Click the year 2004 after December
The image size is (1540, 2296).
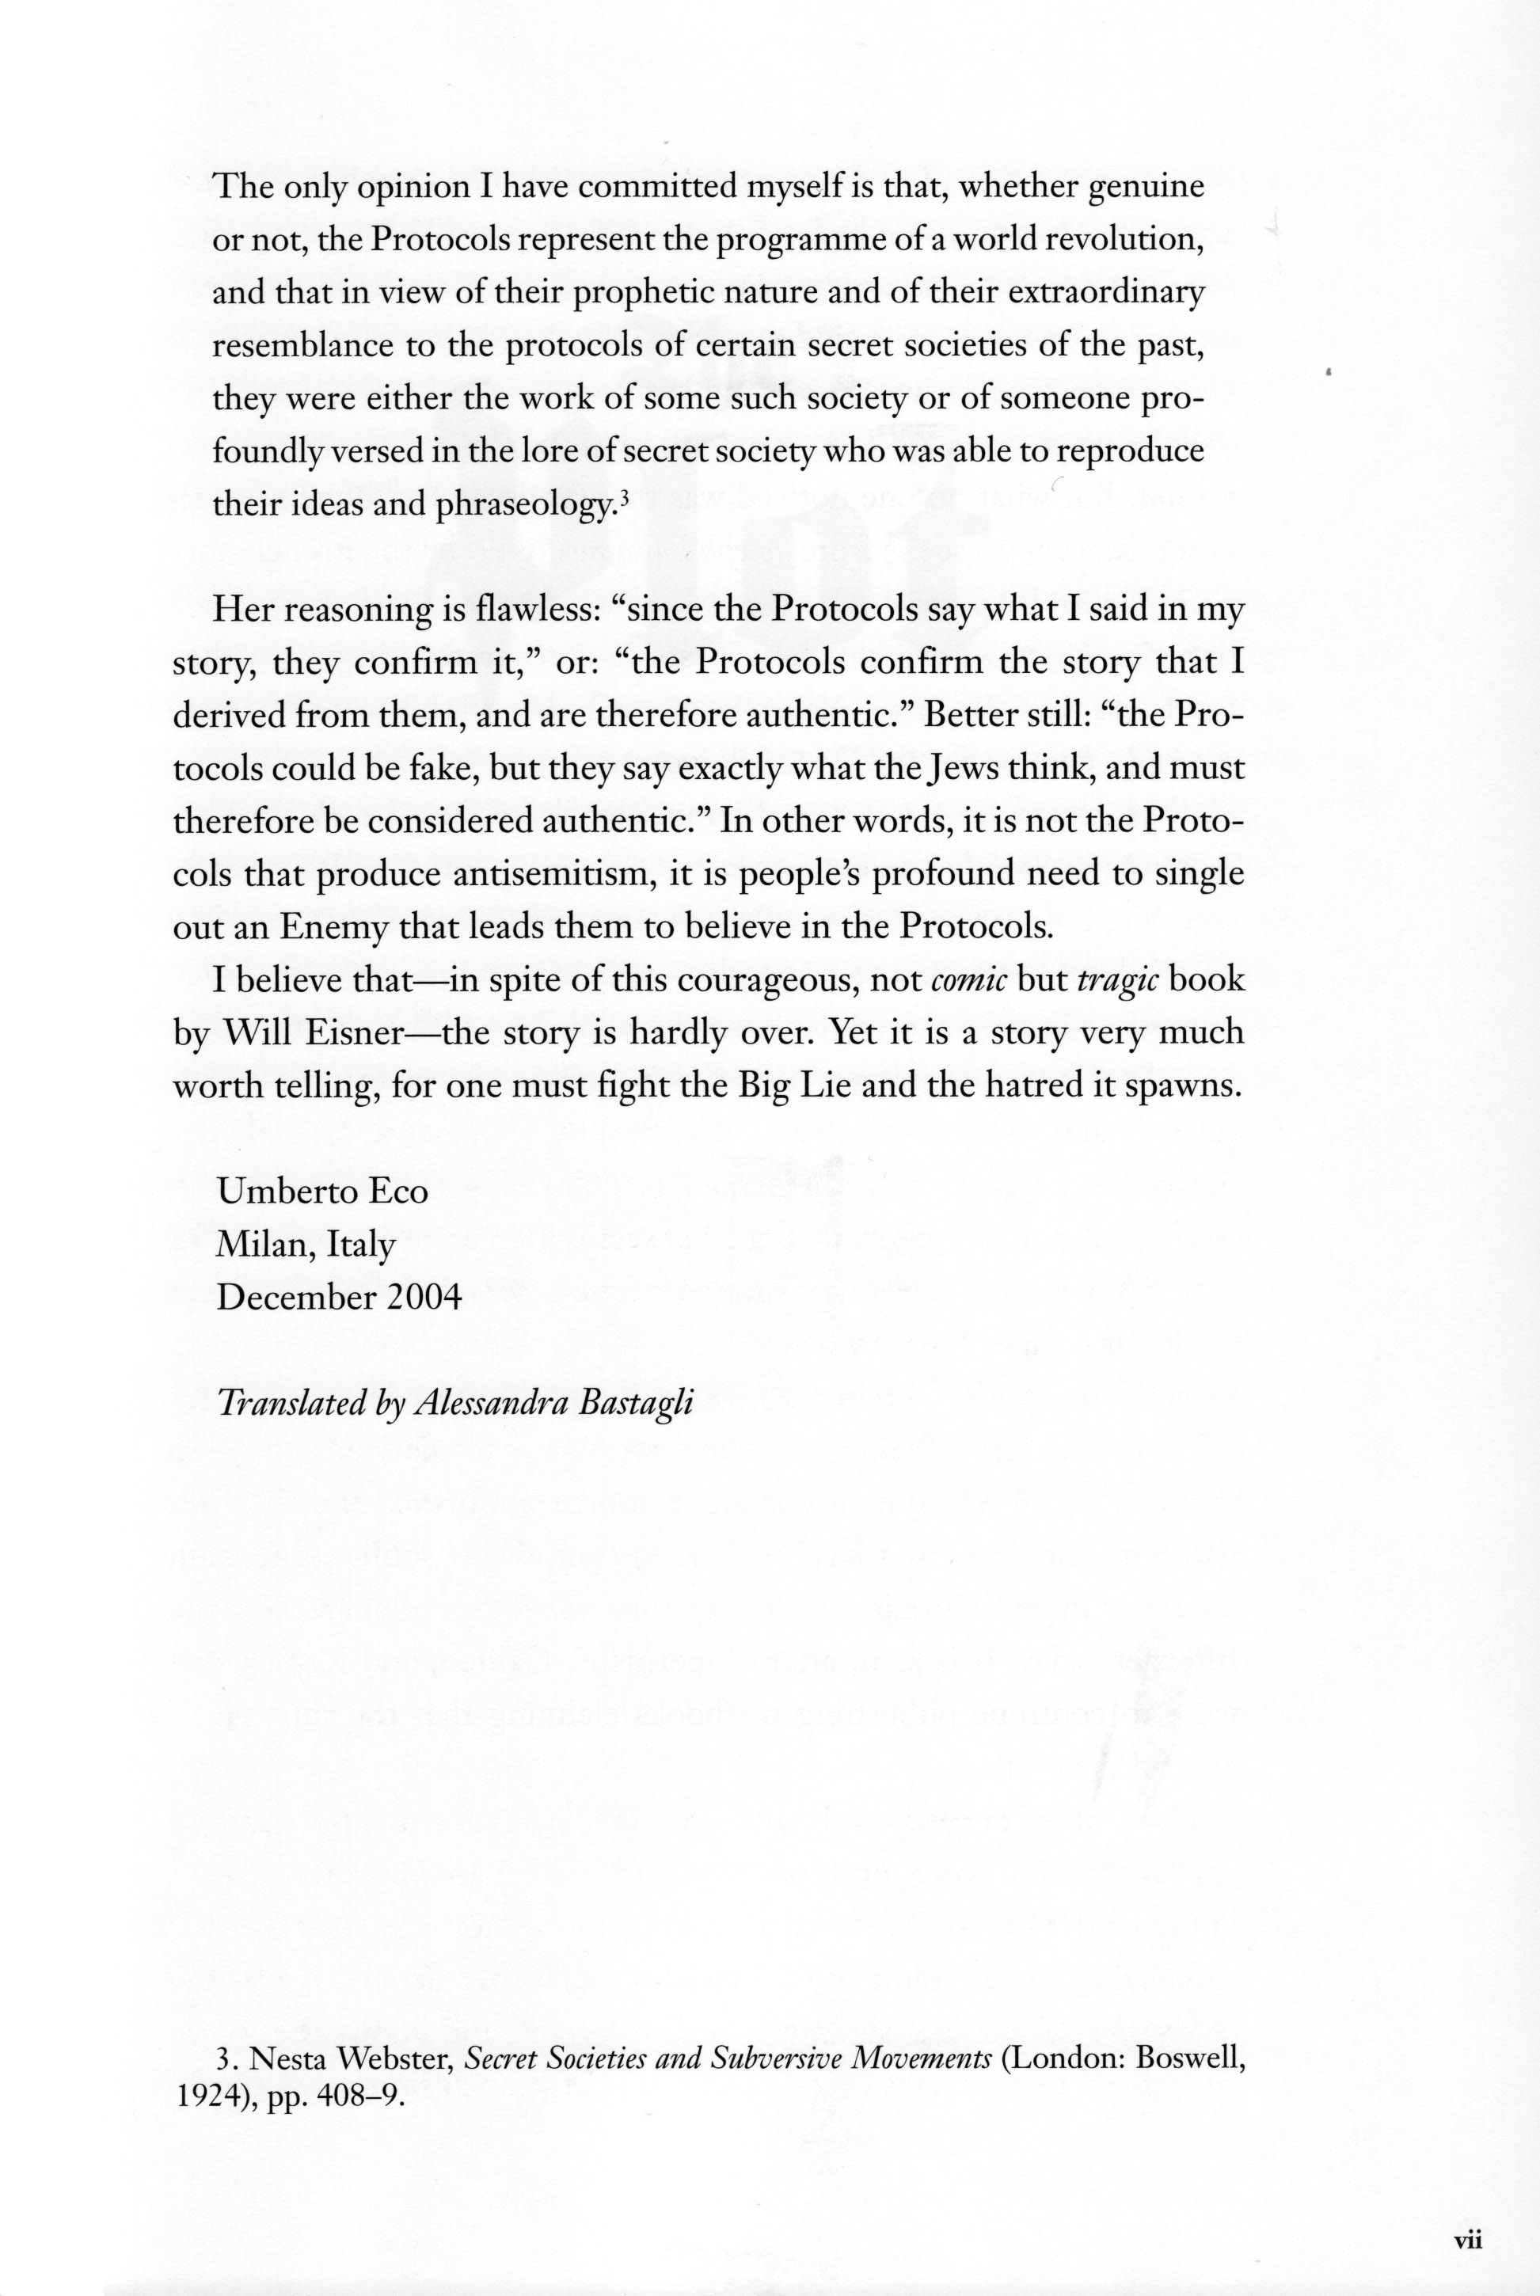point(424,1298)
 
